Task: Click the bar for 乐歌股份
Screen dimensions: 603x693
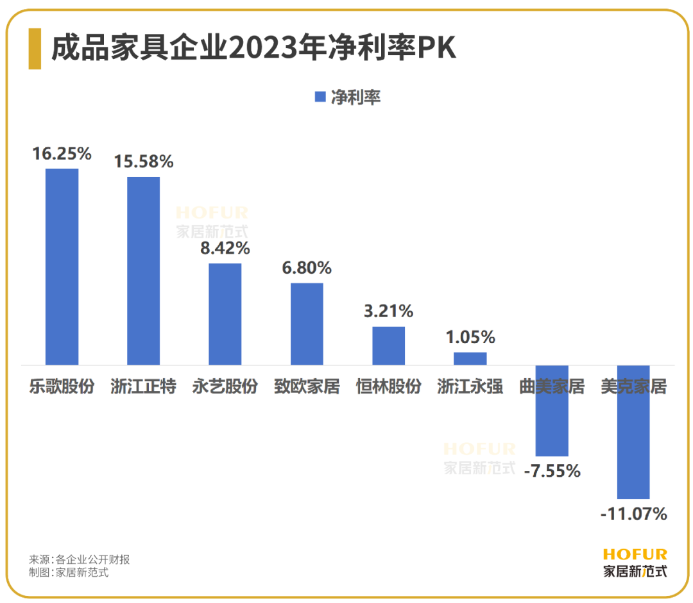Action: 62,267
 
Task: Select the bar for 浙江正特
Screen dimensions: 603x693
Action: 143,270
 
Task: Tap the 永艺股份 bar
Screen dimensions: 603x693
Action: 225,314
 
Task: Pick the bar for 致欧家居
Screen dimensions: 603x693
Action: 307,324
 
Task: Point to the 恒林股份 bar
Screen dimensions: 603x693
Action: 389,345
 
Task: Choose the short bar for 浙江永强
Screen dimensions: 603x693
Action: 470,358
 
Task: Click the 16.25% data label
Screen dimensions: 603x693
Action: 62,154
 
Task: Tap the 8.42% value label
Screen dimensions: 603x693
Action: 225,248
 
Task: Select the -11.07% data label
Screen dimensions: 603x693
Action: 633,514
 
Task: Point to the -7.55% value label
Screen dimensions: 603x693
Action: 552,472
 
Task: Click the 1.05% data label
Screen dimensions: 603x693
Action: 470,337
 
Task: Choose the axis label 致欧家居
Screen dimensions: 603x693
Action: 307,387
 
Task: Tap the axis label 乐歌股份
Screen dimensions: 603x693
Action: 62,387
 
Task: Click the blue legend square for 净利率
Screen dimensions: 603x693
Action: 320,97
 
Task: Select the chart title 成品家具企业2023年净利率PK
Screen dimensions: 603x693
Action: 253,49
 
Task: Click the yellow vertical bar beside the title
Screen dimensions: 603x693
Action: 35,49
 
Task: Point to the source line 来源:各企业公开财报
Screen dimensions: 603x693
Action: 80,559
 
